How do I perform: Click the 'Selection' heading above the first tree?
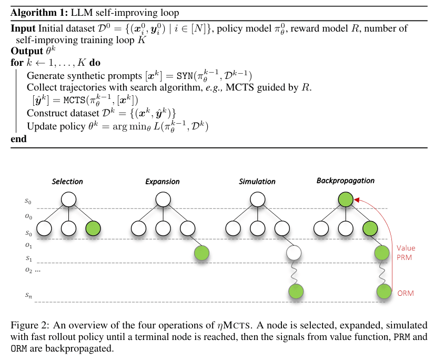67,182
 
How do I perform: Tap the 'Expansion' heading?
163,182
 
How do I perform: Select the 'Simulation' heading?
257,182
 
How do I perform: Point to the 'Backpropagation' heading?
346,181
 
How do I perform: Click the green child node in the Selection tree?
93,228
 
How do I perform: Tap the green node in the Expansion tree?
202,253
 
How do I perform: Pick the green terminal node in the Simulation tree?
296,292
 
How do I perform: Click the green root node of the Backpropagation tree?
346,199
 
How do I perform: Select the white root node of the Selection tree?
68,199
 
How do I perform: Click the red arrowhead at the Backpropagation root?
357,199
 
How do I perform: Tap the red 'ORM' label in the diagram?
406,293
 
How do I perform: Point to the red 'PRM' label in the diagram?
404,257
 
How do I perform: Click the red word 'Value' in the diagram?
406,248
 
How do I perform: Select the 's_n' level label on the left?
29,295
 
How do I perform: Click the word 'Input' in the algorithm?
23,28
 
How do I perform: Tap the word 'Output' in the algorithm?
27,51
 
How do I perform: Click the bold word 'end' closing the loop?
18,139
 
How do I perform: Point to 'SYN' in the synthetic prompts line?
185,76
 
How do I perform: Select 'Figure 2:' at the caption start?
30,325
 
